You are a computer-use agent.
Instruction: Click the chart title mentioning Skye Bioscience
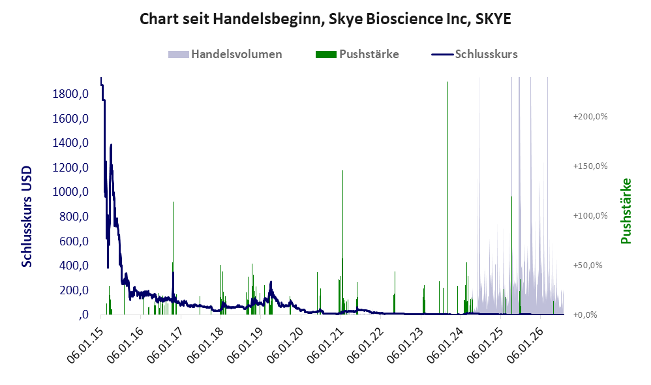point(325,19)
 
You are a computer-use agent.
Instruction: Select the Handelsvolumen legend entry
point(225,54)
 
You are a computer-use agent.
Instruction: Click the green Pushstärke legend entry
point(357,54)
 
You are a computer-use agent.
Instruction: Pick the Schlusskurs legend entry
point(474,54)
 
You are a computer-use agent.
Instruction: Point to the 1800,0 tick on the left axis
point(70,94)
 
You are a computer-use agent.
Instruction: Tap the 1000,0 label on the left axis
point(70,192)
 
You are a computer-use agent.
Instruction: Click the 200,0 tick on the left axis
point(74,290)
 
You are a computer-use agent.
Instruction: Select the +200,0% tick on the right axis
point(590,116)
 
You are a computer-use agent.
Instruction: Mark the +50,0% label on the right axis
point(588,265)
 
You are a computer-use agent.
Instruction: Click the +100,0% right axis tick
point(590,215)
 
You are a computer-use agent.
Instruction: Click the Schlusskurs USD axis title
point(27,217)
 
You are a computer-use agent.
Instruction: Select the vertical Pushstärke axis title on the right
point(626,211)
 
